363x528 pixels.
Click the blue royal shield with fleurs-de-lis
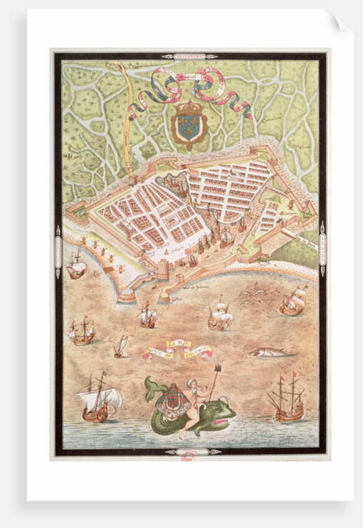coord(189,125)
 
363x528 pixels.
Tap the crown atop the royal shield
coord(189,107)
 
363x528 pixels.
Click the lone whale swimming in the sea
coord(269,352)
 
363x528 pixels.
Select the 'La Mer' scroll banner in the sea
coord(177,349)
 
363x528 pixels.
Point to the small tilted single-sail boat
coord(121,347)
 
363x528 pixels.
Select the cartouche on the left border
coord(58,250)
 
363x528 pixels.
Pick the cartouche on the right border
coord(323,247)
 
